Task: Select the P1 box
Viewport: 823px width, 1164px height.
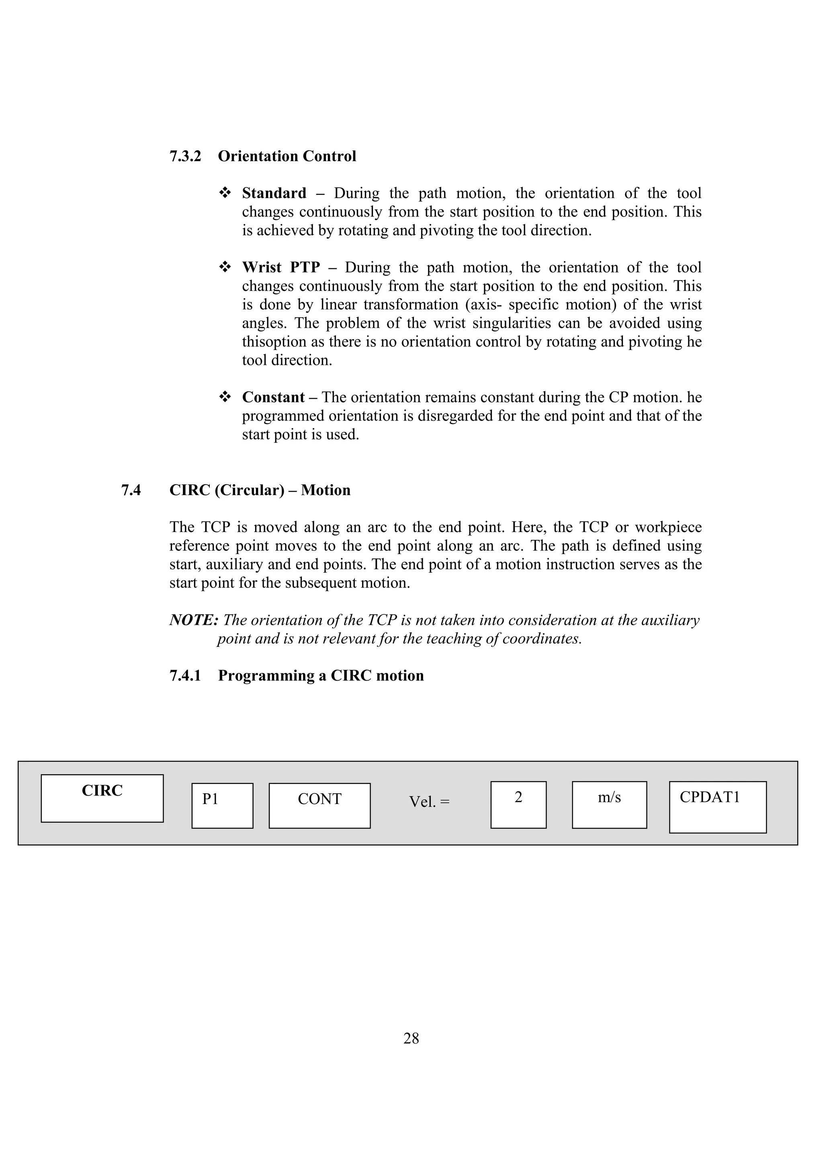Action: point(222,806)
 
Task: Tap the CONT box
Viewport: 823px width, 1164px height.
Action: point(319,806)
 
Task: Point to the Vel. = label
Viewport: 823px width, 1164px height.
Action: point(429,802)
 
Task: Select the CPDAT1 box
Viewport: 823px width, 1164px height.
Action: point(718,807)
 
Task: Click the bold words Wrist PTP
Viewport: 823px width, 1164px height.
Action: point(281,267)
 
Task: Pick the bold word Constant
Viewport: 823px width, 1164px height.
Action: point(273,397)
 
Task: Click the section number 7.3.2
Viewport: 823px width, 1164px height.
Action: point(185,156)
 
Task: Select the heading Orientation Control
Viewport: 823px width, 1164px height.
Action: point(287,156)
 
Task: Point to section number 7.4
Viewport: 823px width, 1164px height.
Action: point(131,490)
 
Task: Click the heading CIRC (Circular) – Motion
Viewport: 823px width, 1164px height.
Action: point(260,490)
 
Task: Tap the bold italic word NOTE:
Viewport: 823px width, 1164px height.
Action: point(194,620)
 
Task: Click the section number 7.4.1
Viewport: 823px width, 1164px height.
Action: point(185,676)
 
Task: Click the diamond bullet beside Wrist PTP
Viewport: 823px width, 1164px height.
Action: point(225,267)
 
